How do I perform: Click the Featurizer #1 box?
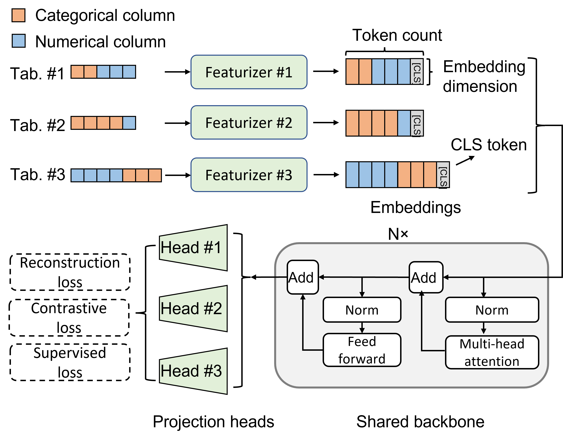coord(249,72)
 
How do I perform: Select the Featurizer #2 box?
coord(249,122)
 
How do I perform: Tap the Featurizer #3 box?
coord(249,175)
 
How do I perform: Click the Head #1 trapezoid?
coord(193,248)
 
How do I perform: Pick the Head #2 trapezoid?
coord(193,309)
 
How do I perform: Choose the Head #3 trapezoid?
coord(193,371)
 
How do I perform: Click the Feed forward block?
coord(362,350)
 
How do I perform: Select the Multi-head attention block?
coord(492,352)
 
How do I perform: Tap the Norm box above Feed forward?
coord(362,310)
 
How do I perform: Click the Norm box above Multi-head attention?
coord(492,310)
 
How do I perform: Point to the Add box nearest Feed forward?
coord(303,277)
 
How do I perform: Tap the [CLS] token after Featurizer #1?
coord(416,72)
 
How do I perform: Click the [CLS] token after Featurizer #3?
coord(443,175)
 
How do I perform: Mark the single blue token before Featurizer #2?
coord(129,123)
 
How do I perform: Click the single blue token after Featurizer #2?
coord(404,123)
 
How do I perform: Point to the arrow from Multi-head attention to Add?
coord(422,323)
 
